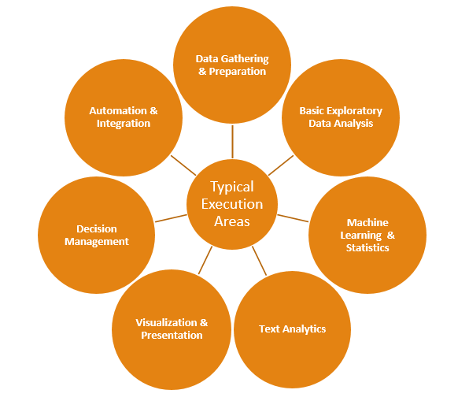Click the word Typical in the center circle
tap(232, 188)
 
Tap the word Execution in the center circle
tap(232, 204)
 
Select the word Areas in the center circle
tap(232, 221)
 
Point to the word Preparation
tap(238, 72)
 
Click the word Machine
tap(367, 222)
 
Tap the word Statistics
tap(367, 247)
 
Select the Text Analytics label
tap(292, 329)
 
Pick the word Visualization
tap(166, 322)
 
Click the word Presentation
tap(172, 336)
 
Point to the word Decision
tap(97, 228)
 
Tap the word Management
tap(97, 242)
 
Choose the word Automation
tap(118, 111)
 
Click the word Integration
tap(124, 124)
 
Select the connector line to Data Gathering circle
tap(232, 142)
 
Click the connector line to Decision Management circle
tap(171, 218)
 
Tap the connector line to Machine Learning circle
tap(293, 218)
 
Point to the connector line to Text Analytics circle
tap(260, 261)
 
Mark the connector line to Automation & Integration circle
tap(183, 165)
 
